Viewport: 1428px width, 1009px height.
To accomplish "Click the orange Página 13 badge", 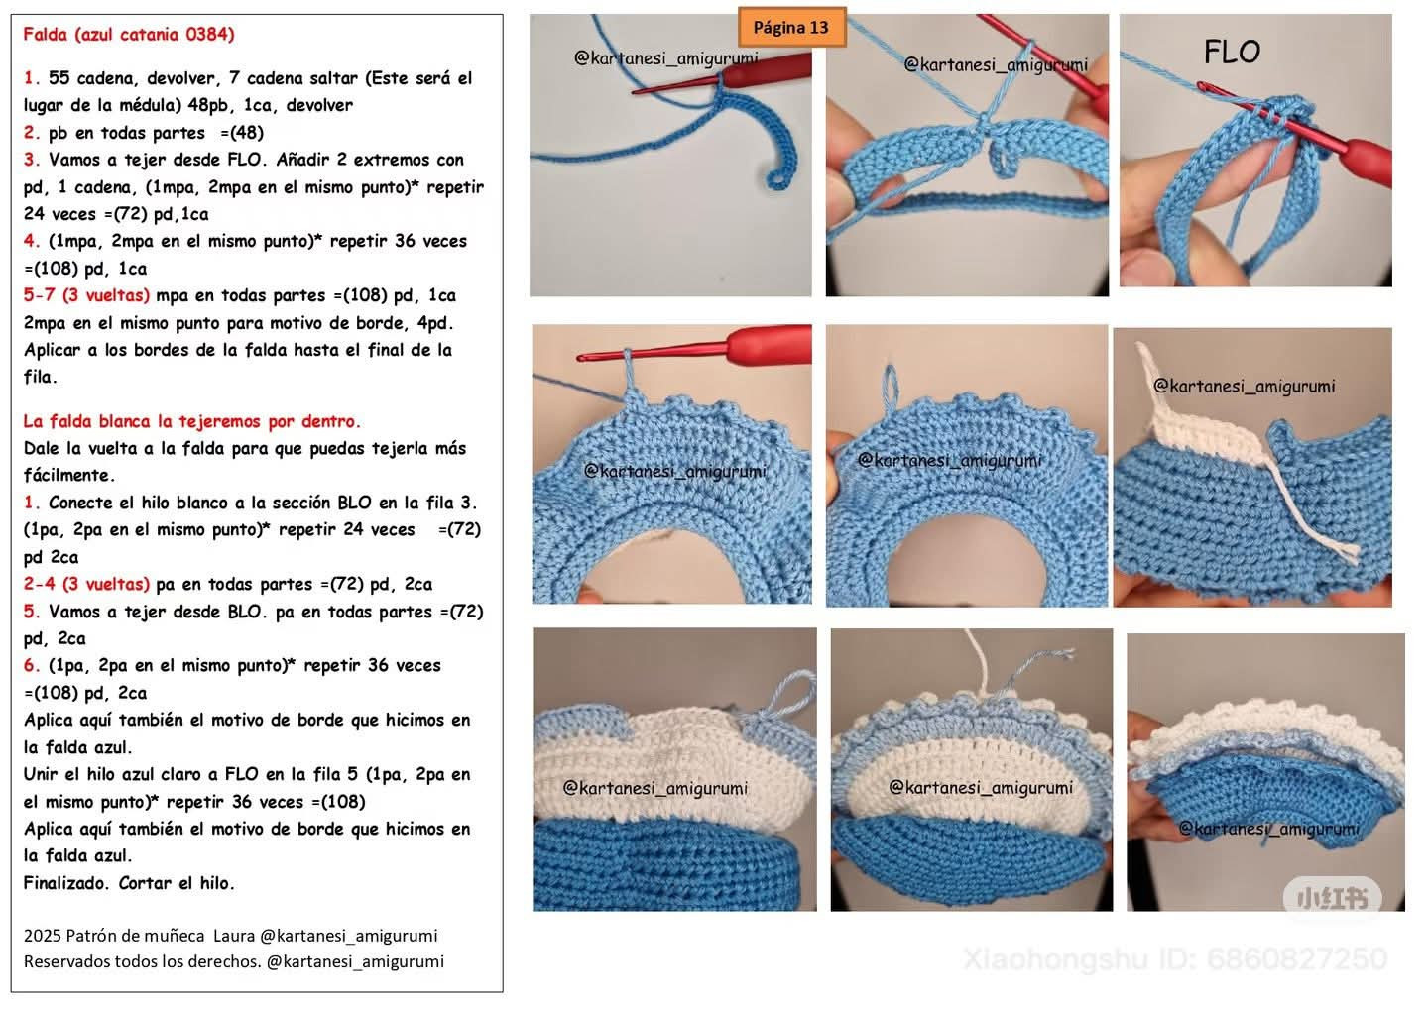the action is [x=791, y=28].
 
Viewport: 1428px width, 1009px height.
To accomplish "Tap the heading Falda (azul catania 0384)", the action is [x=129, y=34].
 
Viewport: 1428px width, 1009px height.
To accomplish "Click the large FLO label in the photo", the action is [x=1232, y=52].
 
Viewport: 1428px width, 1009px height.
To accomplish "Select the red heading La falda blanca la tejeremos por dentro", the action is [x=192, y=421].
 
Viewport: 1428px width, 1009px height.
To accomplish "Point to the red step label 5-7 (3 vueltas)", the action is [x=86, y=295].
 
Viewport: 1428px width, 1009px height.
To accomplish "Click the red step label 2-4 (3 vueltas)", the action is [x=86, y=584].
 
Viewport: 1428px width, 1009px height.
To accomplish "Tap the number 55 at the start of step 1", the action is [x=59, y=78].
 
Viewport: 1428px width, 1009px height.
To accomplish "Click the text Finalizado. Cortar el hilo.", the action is [x=129, y=883].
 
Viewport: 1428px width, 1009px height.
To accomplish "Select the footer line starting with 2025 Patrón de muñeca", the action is [x=231, y=936].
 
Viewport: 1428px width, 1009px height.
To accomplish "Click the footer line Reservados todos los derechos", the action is [x=233, y=961].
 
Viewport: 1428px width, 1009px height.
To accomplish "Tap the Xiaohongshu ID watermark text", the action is [x=1175, y=959].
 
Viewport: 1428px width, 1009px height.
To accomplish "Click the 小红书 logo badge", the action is [x=1333, y=897].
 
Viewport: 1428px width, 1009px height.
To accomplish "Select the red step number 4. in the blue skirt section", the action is [x=32, y=242].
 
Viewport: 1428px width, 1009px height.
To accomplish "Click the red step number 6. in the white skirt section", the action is [x=32, y=666].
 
